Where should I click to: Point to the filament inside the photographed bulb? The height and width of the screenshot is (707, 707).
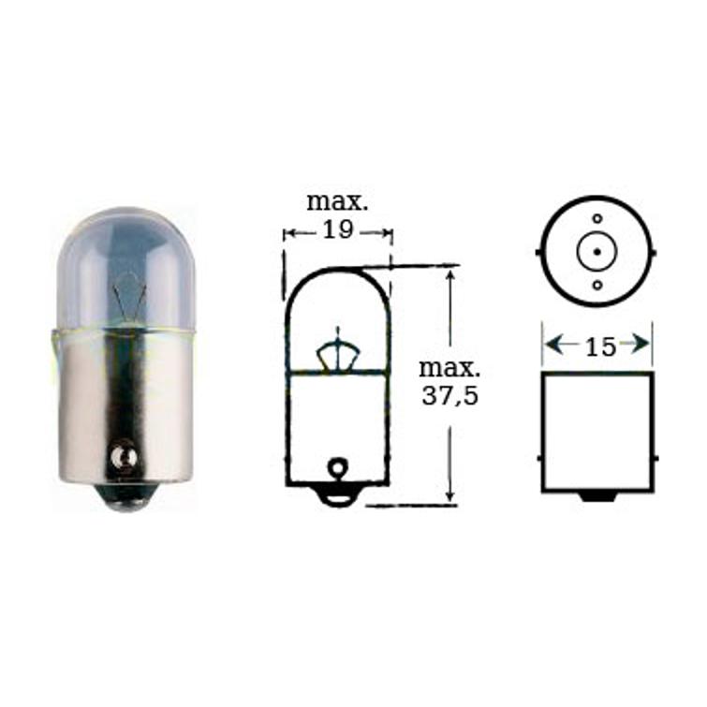[128, 297]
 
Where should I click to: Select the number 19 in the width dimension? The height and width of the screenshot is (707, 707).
[338, 230]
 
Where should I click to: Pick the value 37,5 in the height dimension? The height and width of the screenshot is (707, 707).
[449, 395]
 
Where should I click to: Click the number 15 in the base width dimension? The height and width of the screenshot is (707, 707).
[599, 346]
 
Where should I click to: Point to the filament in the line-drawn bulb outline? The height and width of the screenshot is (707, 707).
[338, 352]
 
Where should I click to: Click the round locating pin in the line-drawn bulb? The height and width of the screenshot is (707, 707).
[338, 465]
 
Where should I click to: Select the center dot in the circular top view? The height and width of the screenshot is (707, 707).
[597, 251]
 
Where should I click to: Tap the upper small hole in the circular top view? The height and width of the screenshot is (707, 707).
[597, 219]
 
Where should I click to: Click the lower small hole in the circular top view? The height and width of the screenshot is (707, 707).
[597, 284]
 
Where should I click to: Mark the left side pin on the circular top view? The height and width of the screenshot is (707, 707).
[538, 251]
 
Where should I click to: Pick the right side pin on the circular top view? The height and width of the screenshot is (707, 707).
[655, 251]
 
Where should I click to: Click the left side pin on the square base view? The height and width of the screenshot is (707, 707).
[539, 458]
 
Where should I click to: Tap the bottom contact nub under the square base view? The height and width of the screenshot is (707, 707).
[597, 495]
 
